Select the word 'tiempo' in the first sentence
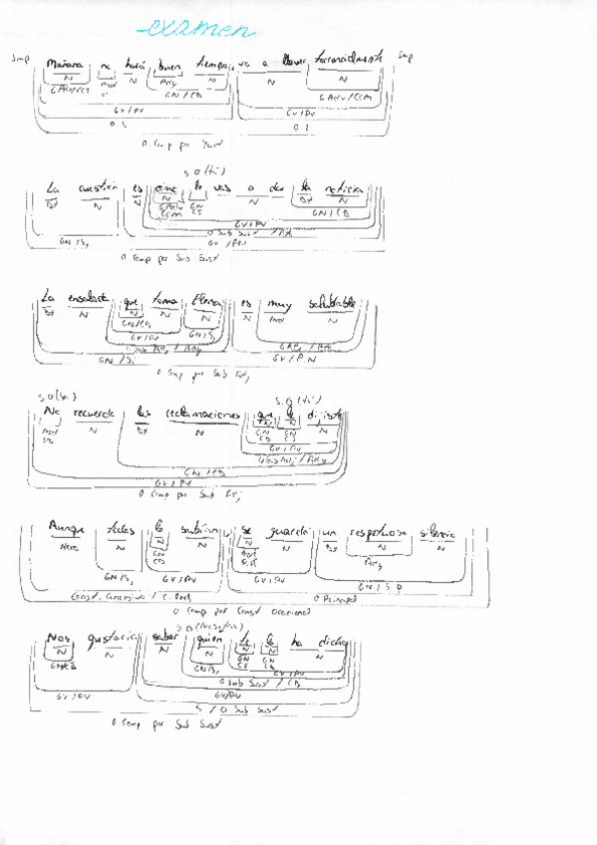point(213,64)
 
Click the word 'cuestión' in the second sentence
point(98,188)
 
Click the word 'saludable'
point(331,300)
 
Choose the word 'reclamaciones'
point(202,414)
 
